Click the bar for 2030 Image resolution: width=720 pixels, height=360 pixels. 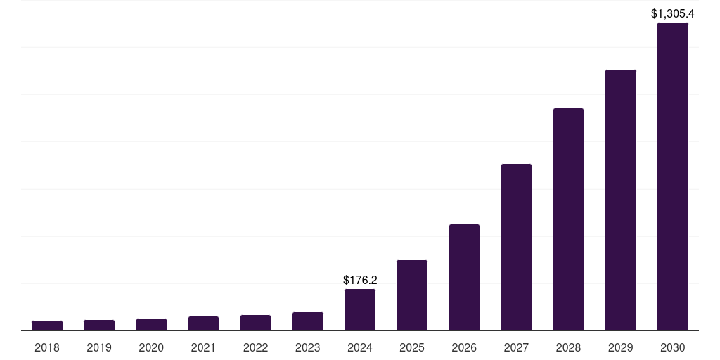672,176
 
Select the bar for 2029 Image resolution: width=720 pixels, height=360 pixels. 620,200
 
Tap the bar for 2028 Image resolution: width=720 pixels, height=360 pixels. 568,219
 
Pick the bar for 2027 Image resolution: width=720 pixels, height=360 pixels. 516,247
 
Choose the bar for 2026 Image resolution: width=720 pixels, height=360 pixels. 464,278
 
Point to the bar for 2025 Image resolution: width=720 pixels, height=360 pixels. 412,295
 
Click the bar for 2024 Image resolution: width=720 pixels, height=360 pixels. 360,310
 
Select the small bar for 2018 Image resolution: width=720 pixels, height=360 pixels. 47,326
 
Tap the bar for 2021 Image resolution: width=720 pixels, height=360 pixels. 203,323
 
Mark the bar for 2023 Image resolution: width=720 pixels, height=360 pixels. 308,321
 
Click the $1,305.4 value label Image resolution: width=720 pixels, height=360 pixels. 672,13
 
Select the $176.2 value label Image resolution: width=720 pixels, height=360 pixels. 360,280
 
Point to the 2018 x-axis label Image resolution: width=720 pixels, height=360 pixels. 47,347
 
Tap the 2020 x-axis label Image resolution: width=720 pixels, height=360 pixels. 151,347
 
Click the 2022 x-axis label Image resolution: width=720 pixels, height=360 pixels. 256,347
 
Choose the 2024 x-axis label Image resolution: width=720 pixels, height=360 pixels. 360,347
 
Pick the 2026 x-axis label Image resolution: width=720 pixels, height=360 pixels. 464,347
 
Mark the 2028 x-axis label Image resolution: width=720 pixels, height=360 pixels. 568,347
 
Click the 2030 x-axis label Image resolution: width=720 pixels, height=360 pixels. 672,347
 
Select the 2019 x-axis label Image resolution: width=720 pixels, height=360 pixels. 99,347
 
